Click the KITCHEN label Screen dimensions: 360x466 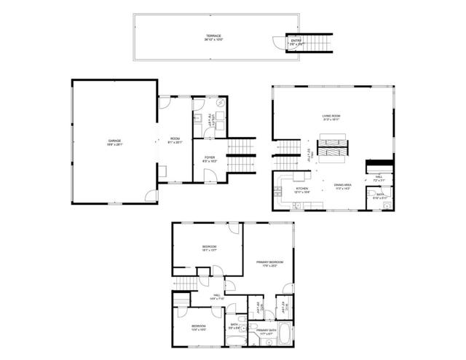coord(301,189)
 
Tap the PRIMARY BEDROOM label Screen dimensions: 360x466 coord(269,263)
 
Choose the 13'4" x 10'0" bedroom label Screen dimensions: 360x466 coord(198,326)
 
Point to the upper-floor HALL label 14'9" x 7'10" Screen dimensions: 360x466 coord(217,296)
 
